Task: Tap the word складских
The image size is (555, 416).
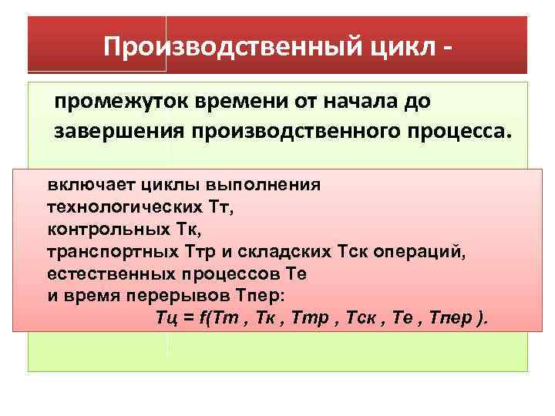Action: (295, 251)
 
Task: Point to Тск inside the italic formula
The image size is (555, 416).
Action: (353, 319)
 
